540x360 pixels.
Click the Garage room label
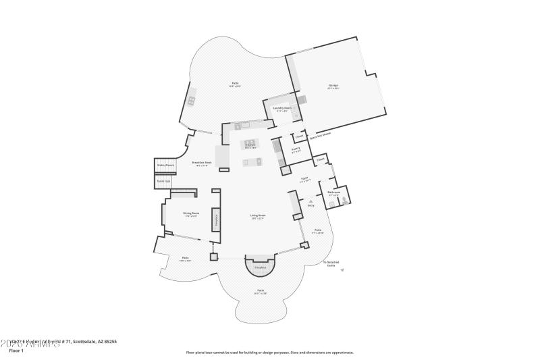pyautogui.click(x=333, y=86)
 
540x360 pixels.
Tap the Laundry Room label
pyautogui.click(x=282, y=108)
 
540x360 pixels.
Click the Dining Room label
pyautogui.click(x=190, y=214)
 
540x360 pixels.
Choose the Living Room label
pyautogui.click(x=257, y=217)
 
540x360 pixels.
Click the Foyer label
pyautogui.click(x=304, y=179)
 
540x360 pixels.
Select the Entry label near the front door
pyautogui.click(x=310, y=205)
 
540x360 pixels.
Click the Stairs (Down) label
pyautogui.click(x=165, y=165)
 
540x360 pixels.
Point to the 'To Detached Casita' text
pyautogui.click(x=330, y=263)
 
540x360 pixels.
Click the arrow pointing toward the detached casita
pyautogui.click(x=342, y=270)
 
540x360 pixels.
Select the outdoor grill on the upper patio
pyautogui.click(x=192, y=101)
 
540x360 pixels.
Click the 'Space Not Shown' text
pyautogui.click(x=320, y=134)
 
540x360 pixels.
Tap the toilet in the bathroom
pyautogui.click(x=344, y=201)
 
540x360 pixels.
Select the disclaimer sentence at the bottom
pyautogui.click(x=269, y=352)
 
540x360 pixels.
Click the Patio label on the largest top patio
pyautogui.click(x=234, y=84)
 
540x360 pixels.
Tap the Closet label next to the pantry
pyautogui.click(x=298, y=136)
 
